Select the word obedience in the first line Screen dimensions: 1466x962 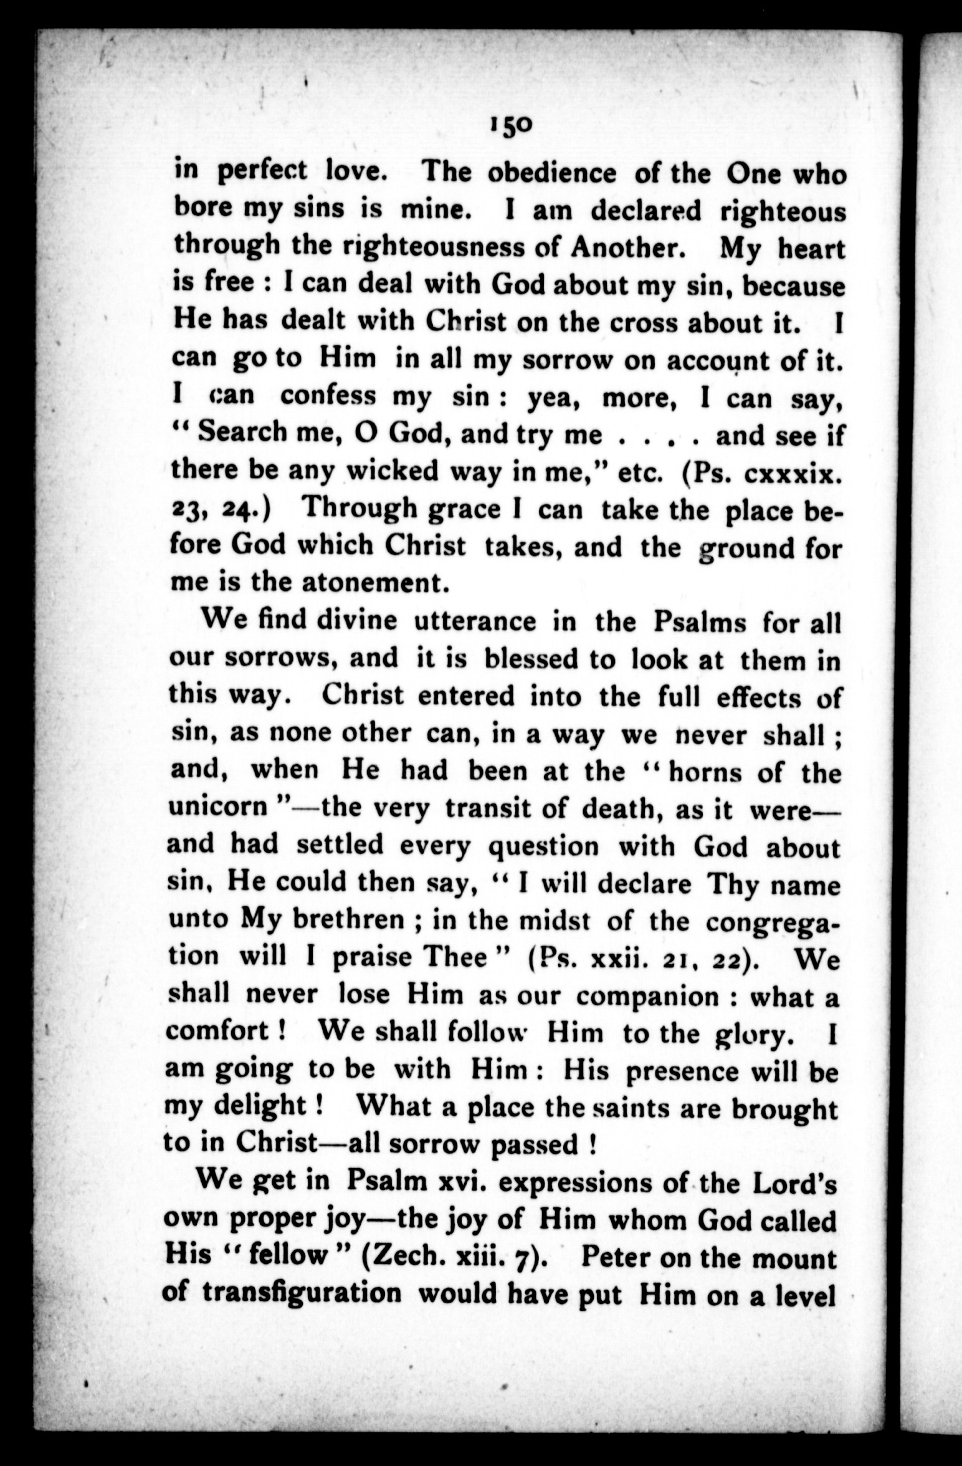(x=551, y=174)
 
